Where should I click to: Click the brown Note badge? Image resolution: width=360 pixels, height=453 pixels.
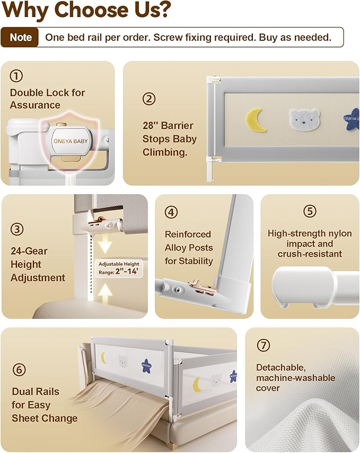(20, 37)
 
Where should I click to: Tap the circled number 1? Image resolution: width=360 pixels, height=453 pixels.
(16, 76)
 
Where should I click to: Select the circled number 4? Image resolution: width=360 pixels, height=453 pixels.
(171, 212)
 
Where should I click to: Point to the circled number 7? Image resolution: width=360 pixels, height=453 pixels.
(264, 345)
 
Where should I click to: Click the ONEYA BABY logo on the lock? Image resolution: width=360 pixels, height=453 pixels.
(71, 141)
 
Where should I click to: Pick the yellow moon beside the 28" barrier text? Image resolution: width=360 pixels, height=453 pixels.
(256, 120)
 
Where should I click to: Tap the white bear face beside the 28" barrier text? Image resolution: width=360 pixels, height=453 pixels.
(304, 119)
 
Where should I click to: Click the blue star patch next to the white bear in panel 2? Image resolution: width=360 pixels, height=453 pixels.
(352, 119)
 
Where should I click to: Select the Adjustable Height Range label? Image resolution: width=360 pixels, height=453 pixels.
(119, 268)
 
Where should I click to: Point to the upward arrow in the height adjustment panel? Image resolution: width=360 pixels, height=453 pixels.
(105, 293)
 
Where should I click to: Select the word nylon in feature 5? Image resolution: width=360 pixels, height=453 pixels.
(341, 233)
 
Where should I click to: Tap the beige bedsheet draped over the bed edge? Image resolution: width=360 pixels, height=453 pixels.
(121, 410)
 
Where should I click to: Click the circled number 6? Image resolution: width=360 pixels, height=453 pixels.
(19, 370)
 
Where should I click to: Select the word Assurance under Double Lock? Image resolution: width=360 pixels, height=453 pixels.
(35, 105)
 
